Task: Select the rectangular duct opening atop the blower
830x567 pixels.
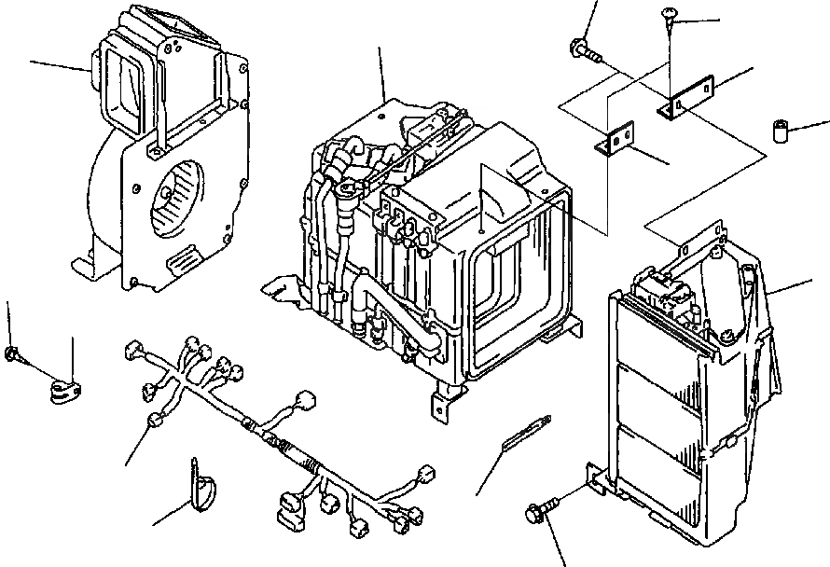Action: [127, 83]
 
